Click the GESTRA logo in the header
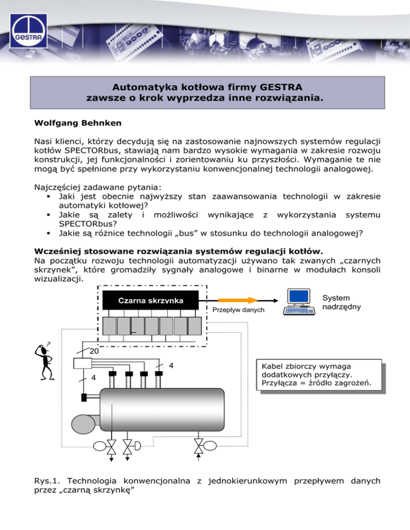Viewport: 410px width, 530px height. [x=28, y=30]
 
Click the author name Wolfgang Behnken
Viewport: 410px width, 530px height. [x=78, y=123]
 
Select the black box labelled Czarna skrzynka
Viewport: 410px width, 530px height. [x=151, y=300]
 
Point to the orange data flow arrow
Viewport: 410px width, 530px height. [x=238, y=300]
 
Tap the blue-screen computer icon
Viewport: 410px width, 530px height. [x=299, y=301]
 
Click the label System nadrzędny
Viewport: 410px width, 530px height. [x=342, y=302]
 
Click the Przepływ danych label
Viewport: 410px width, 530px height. [x=238, y=310]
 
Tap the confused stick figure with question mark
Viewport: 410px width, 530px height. [x=44, y=361]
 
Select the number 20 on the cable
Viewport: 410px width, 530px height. [x=94, y=351]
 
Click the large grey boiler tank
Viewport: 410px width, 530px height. [x=162, y=409]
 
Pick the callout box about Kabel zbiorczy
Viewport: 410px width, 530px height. [x=319, y=375]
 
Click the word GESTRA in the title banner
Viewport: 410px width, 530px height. [x=281, y=87]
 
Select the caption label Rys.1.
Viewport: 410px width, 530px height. [x=47, y=480]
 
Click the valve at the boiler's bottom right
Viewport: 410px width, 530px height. [x=199, y=446]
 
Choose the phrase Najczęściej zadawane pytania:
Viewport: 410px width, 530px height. [x=98, y=187]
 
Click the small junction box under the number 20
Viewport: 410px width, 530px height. [x=83, y=363]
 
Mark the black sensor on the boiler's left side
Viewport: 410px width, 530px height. [x=84, y=397]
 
